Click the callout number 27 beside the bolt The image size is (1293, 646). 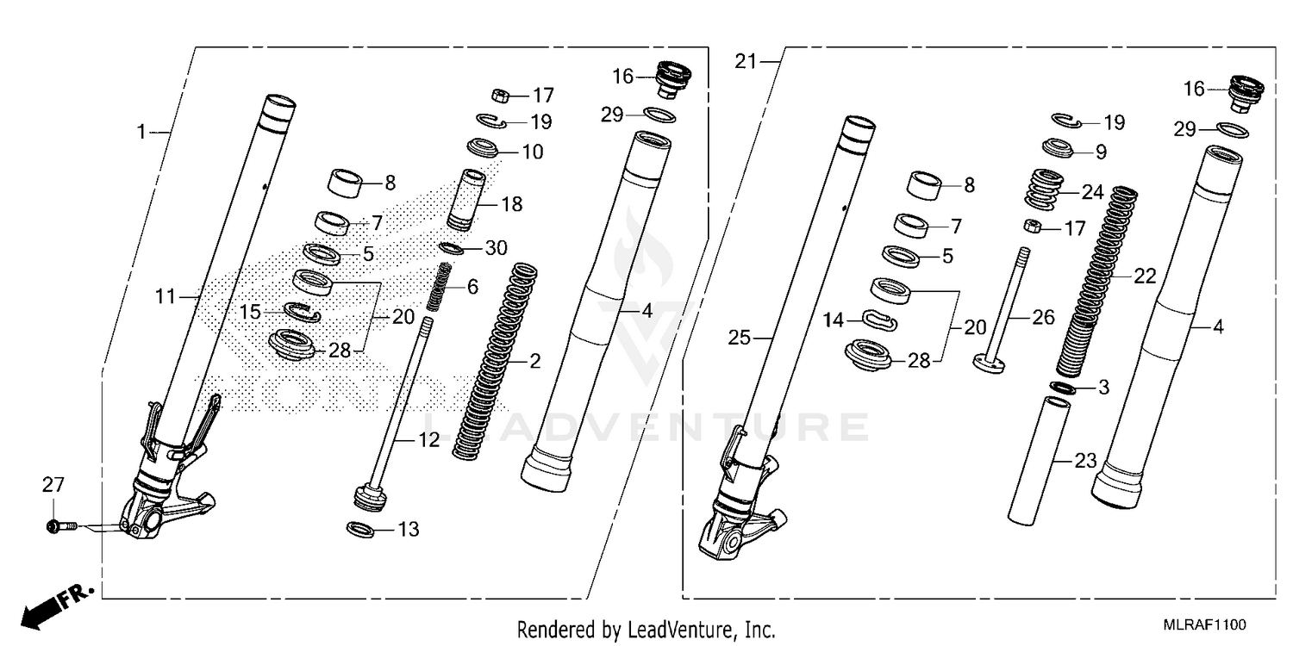click(x=53, y=486)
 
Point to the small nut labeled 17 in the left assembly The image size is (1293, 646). click(x=497, y=94)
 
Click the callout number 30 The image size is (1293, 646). click(x=495, y=249)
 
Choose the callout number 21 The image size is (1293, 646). click(x=745, y=61)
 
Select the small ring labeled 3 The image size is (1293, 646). click(x=1062, y=388)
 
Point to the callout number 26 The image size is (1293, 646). click(x=1043, y=318)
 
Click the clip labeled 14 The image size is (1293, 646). click(x=879, y=320)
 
